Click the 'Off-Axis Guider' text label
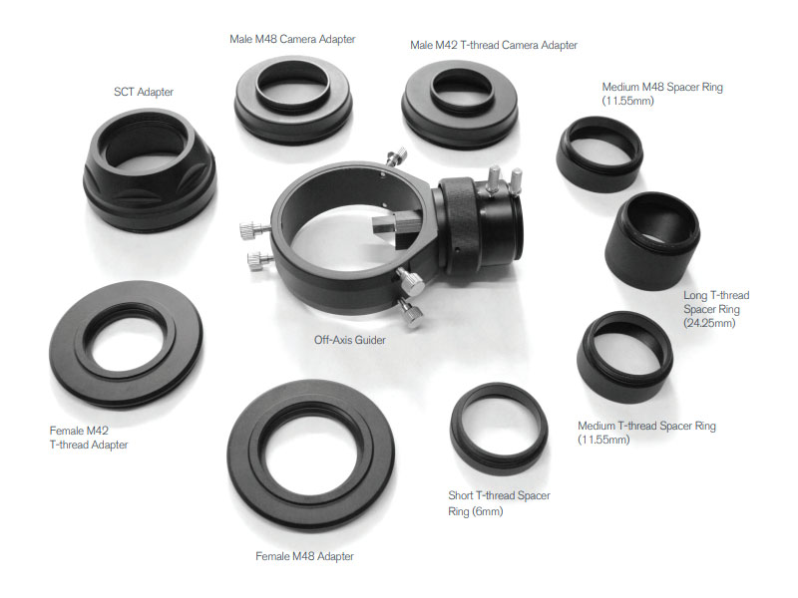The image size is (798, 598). (350, 340)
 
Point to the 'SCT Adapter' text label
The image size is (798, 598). (144, 92)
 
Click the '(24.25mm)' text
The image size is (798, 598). (709, 323)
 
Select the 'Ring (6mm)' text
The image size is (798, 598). (476, 511)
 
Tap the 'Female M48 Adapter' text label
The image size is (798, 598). (304, 556)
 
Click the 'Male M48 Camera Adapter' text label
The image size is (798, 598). (292, 39)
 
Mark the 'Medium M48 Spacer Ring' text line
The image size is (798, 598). (662, 87)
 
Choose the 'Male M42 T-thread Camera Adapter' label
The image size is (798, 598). (494, 45)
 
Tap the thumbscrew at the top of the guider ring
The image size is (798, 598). (396, 155)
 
